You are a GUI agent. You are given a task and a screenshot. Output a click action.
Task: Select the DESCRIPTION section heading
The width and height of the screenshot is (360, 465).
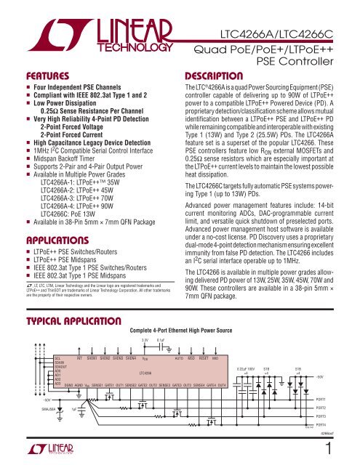[209, 75]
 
